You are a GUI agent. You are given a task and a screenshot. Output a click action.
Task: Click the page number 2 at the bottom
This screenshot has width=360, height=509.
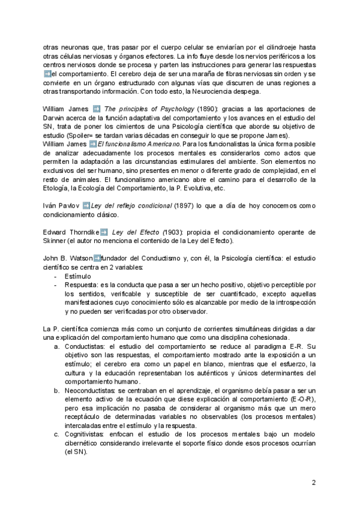click(314, 482)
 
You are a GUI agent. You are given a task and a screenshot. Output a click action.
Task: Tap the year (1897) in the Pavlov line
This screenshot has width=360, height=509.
click(184, 206)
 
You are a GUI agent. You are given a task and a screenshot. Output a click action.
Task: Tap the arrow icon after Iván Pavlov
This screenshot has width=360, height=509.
click(86, 206)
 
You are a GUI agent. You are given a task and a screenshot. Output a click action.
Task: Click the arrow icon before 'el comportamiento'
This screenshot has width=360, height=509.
click(47, 74)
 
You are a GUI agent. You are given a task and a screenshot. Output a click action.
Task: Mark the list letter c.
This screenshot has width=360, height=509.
click(56, 435)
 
